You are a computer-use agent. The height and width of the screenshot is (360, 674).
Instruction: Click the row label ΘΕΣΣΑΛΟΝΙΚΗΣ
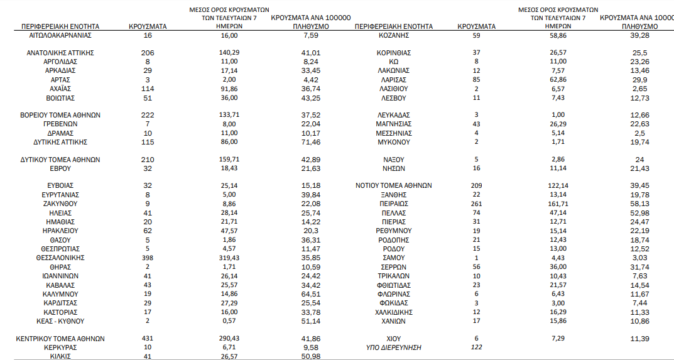click(60, 258)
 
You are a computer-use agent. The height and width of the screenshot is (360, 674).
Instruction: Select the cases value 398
click(148, 258)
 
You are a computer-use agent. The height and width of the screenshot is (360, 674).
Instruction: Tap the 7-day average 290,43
click(229, 339)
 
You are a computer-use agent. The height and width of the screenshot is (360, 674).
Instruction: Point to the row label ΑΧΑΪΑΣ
click(60, 89)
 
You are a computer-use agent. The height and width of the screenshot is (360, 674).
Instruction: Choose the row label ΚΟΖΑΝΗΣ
click(394, 36)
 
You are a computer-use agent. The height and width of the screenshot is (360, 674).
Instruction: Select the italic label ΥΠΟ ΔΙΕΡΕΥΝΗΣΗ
click(394, 347)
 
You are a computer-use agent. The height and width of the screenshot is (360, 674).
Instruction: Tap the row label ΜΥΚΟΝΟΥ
click(394, 142)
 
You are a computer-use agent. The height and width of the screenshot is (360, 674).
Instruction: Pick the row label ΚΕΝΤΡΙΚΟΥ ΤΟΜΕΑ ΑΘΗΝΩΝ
click(60, 339)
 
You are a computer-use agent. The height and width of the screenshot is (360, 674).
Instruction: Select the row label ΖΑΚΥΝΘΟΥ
click(60, 204)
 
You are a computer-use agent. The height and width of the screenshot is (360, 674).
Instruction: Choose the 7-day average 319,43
click(229, 258)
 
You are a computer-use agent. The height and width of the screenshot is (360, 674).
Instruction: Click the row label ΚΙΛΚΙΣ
click(60, 356)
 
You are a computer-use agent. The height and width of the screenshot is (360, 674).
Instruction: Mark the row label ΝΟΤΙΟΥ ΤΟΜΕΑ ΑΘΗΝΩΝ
click(394, 186)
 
